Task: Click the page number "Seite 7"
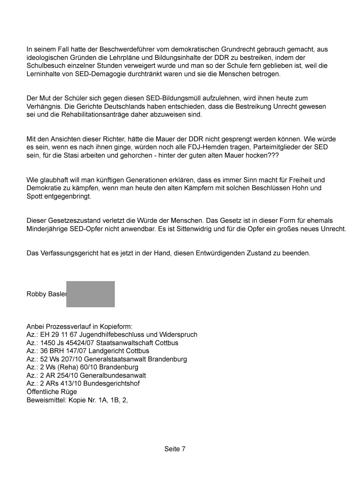click(175, 449)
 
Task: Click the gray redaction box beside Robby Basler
click(91, 294)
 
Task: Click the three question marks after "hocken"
click(273, 156)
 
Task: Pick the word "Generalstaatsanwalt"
click(113, 359)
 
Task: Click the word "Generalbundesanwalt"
click(113, 375)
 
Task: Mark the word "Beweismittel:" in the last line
click(47, 400)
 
